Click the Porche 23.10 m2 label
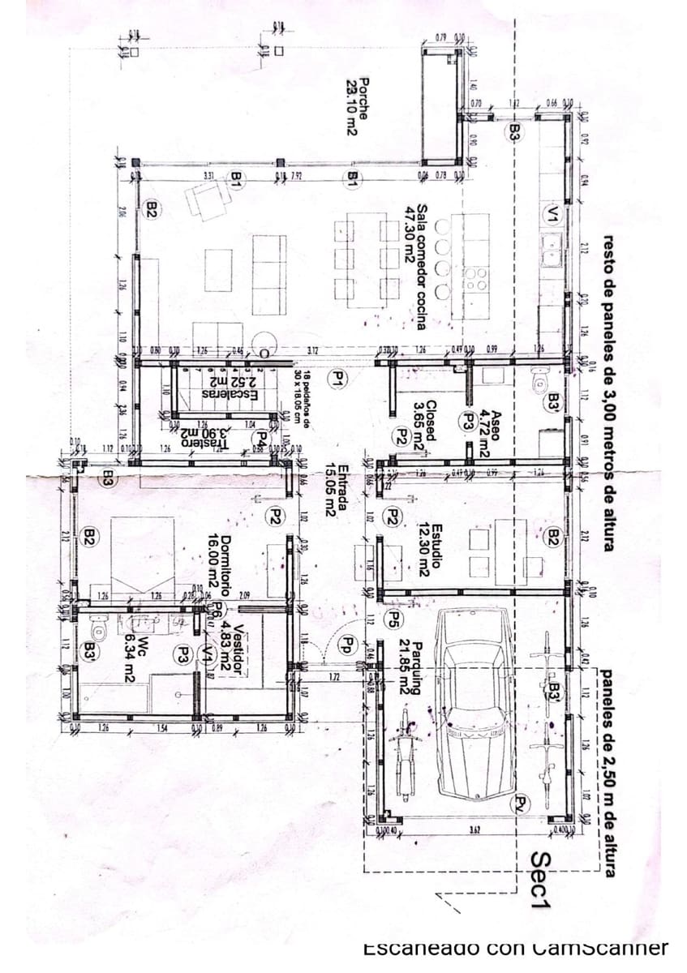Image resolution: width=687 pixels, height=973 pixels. pyautogui.click(x=358, y=106)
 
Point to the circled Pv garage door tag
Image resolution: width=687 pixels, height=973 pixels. pyautogui.click(x=521, y=804)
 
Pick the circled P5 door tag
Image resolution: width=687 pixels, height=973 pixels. pyautogui.click(x=393, y=621)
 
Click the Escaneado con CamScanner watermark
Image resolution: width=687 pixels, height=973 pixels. pyautogui.click(x=515, y=947)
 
